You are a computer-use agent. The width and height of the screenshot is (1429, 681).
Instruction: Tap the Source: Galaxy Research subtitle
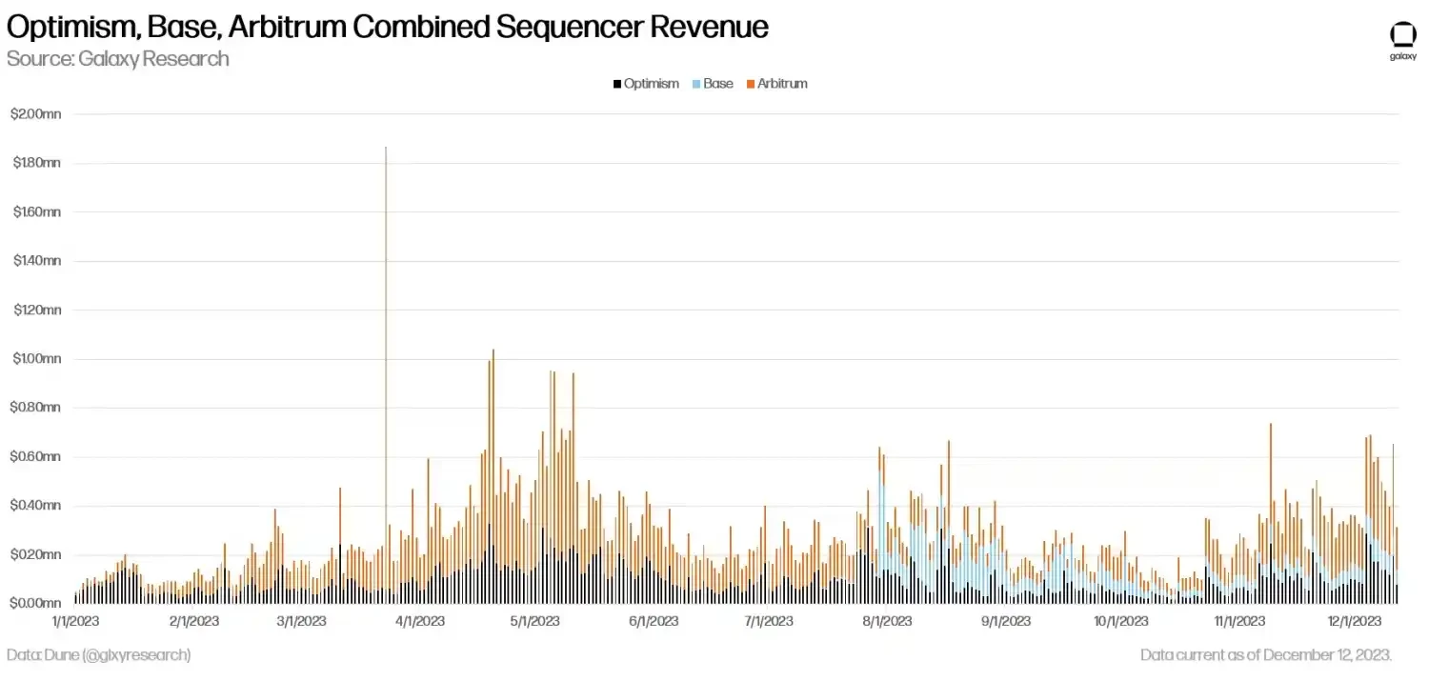[118, 59]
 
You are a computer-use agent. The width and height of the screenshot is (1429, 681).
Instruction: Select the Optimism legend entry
[647, 84]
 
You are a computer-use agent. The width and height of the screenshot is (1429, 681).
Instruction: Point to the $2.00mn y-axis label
[35, 114]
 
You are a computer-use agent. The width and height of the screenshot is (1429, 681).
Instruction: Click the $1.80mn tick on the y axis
[35, 163]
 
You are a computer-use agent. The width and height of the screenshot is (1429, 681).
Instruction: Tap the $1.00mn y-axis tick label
[35, 359]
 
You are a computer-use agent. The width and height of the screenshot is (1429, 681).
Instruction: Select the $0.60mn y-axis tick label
[35, 457]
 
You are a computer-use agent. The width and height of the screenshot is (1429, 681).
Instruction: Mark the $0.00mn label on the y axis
[35, 604]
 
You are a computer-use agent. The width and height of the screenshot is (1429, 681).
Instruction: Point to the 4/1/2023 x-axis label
[420, 622]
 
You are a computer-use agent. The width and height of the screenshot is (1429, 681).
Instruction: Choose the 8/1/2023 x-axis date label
[886, 622]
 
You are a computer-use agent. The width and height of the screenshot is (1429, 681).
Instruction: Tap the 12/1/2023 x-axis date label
[1355, 622]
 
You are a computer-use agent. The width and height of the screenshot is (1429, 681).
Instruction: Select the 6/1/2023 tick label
[653, 622]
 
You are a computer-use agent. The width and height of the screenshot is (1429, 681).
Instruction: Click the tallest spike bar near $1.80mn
[386, 286]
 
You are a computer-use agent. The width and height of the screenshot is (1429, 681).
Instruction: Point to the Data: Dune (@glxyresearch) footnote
[98, 655]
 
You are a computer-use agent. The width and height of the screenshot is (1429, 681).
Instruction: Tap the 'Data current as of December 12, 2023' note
[1266, 655]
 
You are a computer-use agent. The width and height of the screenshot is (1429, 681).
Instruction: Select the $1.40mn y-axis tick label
[35, 261]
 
